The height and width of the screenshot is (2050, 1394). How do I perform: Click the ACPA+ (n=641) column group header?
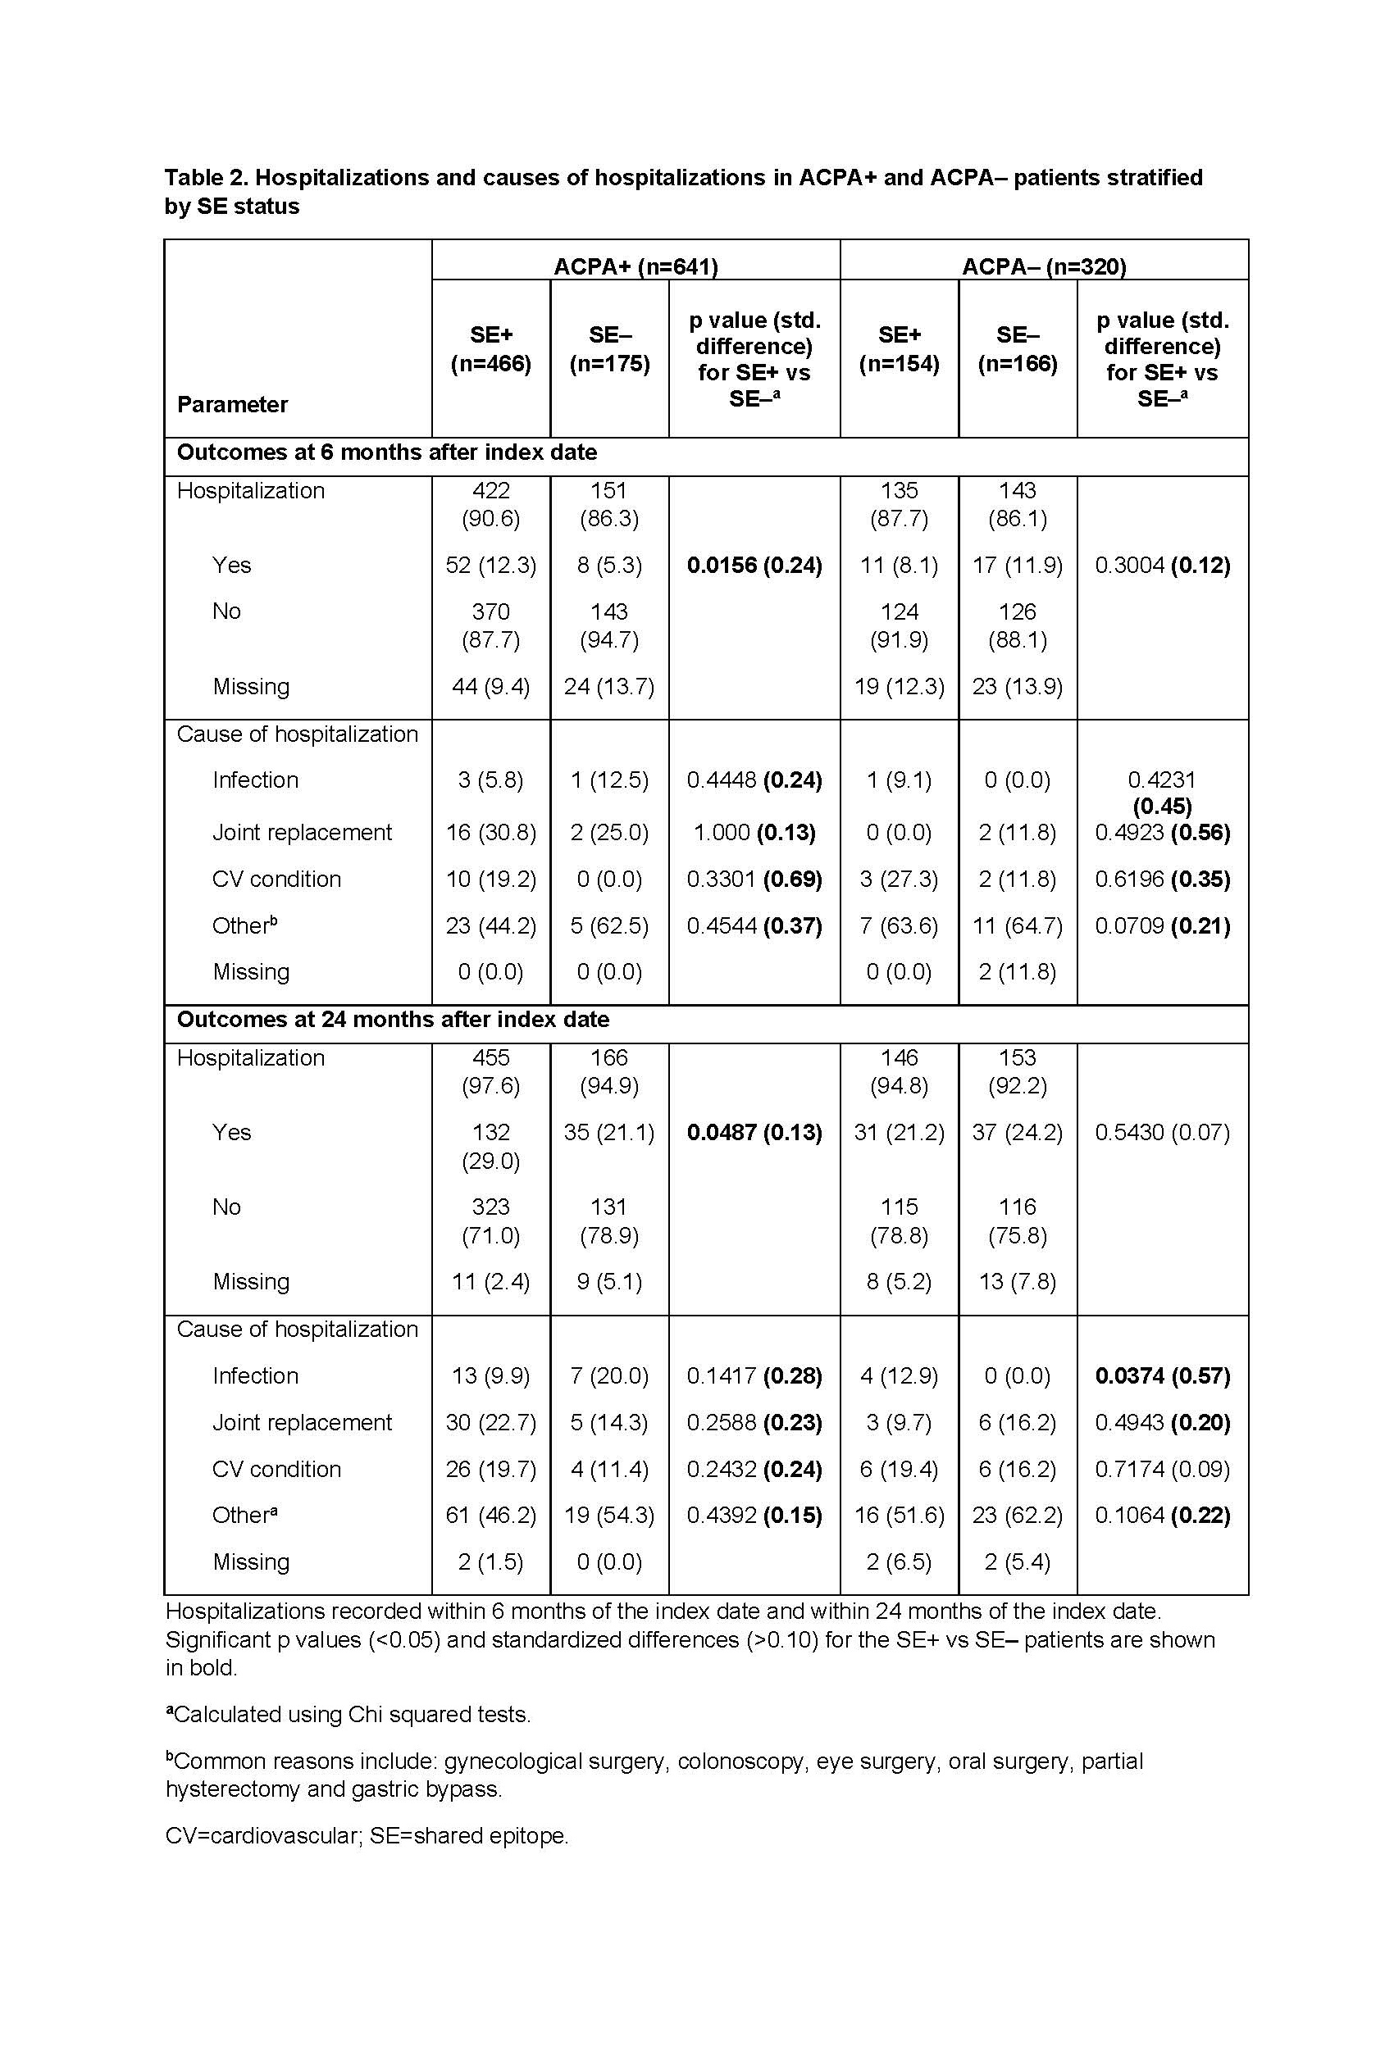(x=635, y=266)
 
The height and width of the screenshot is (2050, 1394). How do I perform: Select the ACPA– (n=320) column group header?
(x=1043, y=266)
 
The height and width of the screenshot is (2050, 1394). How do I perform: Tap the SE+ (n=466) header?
(x=490, y=349)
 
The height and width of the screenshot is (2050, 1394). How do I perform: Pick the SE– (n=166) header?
(x=1018, y=349)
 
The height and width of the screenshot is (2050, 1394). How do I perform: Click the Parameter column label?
(x=232, y=405)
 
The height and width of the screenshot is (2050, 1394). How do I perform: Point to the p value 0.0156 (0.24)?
(x=754, y=566)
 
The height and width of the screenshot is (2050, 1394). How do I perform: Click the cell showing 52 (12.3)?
(x=490, y=566)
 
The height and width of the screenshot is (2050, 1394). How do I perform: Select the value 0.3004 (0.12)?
(x=1162, y=566)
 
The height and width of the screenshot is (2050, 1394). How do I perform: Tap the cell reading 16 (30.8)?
(x=490, y=833)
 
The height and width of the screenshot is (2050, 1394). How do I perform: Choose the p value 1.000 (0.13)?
(x=754, y=833)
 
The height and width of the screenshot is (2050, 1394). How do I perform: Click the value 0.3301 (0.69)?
(x=754, y=880)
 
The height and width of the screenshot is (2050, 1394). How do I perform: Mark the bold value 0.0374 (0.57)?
(x=1162, y=1376)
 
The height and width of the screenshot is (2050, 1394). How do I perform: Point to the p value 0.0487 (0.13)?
(x=754, y=1133)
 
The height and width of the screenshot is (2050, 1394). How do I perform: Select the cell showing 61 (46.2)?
(x=490, y=1516)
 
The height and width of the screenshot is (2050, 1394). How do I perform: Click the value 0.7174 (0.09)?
(x=1162, y=1470)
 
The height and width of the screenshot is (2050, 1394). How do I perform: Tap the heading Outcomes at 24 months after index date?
(x=393, y=1020)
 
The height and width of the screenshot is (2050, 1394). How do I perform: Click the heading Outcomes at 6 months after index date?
(x=386, y=452)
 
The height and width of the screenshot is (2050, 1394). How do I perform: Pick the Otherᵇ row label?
(x=244, y=925)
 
